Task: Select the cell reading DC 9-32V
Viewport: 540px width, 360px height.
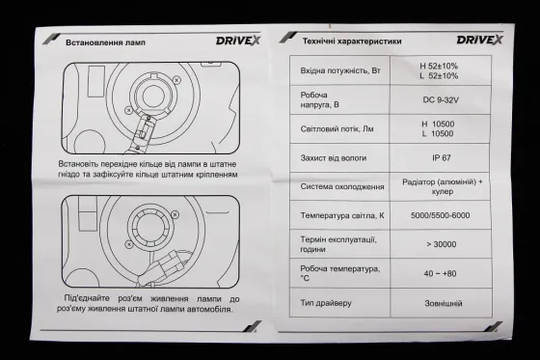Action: tap(440, 98)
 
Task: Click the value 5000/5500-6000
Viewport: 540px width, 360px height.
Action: tap(440, 213)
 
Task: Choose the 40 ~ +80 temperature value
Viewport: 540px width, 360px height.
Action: tap(440, 273)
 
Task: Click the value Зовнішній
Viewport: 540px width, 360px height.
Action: tap(440, 302)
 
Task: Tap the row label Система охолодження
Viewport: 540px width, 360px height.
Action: tap(342, 185)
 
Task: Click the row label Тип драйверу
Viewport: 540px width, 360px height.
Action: tap(329, 302)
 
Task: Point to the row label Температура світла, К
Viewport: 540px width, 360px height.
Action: tap(346, 214)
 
